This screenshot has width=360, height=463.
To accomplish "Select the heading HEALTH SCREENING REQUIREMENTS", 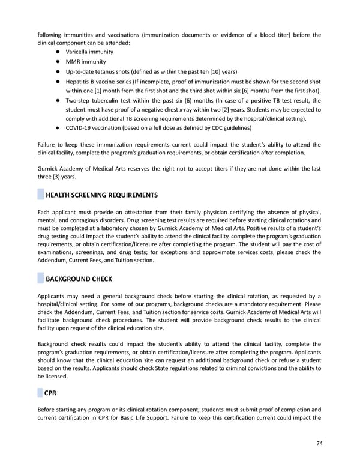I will [102, 195].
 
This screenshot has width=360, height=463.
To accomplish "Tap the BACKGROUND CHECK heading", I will [79, 279].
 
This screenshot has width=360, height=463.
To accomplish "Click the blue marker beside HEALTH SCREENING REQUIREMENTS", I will [40, 195].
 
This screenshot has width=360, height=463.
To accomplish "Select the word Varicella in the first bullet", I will [77, 52].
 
